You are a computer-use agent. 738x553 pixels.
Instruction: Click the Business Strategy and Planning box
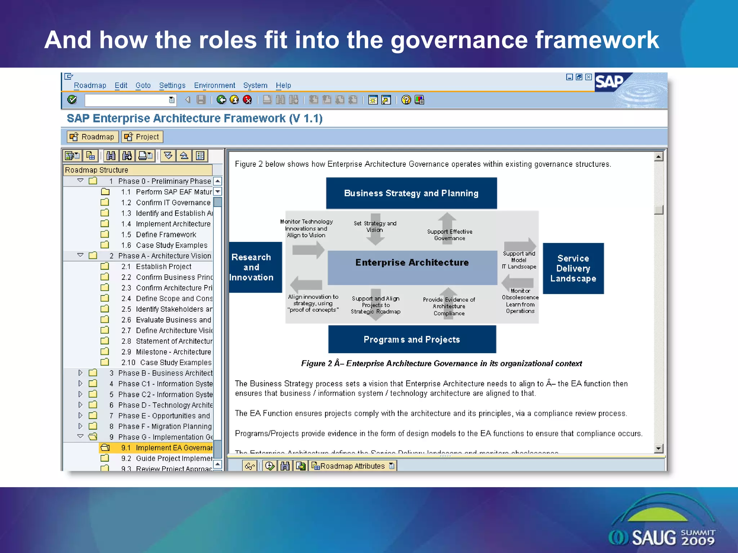pyautogui.click(x=411, y=193)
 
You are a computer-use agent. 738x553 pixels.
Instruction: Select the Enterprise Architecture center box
pyautogui.click(x=412, y=267)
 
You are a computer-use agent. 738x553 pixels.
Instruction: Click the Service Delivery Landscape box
pyautogui.click(x=573, y=269)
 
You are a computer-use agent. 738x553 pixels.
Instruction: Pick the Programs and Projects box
pyautogui.click(x=412, y=340)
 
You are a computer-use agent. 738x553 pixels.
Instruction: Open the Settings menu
pyautogui.click(x=172, y=85)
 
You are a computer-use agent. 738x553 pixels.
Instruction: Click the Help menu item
pyautogui.click(x=283, y=85)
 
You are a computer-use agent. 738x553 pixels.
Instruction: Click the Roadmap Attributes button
pyautogui.click(x=353, y=466)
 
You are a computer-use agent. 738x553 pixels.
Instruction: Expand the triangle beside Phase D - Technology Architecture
pyautogui.click(x=80, y=405)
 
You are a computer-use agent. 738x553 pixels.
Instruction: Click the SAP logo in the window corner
pyautogui.click(x=610, y=82)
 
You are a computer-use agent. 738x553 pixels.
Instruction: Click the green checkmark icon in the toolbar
pyautogui.click(x=72, y=100)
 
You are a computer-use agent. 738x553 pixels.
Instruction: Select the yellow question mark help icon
pyautogui.click(x=406, y=100)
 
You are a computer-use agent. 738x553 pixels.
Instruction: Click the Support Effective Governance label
pyautogui.click(x=449, y=235)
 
